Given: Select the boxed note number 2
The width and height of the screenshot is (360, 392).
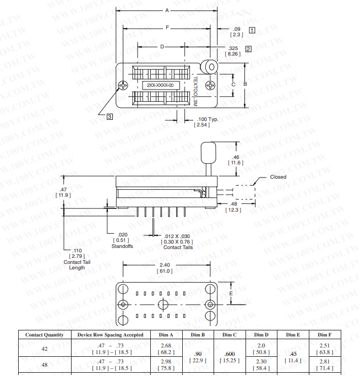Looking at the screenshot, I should point(248,49).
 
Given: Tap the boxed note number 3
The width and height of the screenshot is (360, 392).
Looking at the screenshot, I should point(110,116).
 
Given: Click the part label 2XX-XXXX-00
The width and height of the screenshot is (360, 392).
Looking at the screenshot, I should point(160,85).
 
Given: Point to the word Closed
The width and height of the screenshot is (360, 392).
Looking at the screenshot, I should point(278,177).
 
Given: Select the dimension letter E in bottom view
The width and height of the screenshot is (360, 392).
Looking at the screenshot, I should point(231,294).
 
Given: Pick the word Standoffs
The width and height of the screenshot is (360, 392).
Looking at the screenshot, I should point(122,246).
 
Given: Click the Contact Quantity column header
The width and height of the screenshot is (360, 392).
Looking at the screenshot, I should point(45,334).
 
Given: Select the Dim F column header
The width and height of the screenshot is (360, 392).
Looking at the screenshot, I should point(324,334).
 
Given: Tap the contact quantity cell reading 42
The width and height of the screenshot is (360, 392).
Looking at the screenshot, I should point(45,348).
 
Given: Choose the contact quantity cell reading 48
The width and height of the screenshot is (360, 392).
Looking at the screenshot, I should point(45,365).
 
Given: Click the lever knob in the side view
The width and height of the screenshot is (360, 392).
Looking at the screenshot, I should point(208,151).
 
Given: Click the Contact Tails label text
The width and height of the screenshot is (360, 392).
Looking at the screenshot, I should point(178,247).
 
